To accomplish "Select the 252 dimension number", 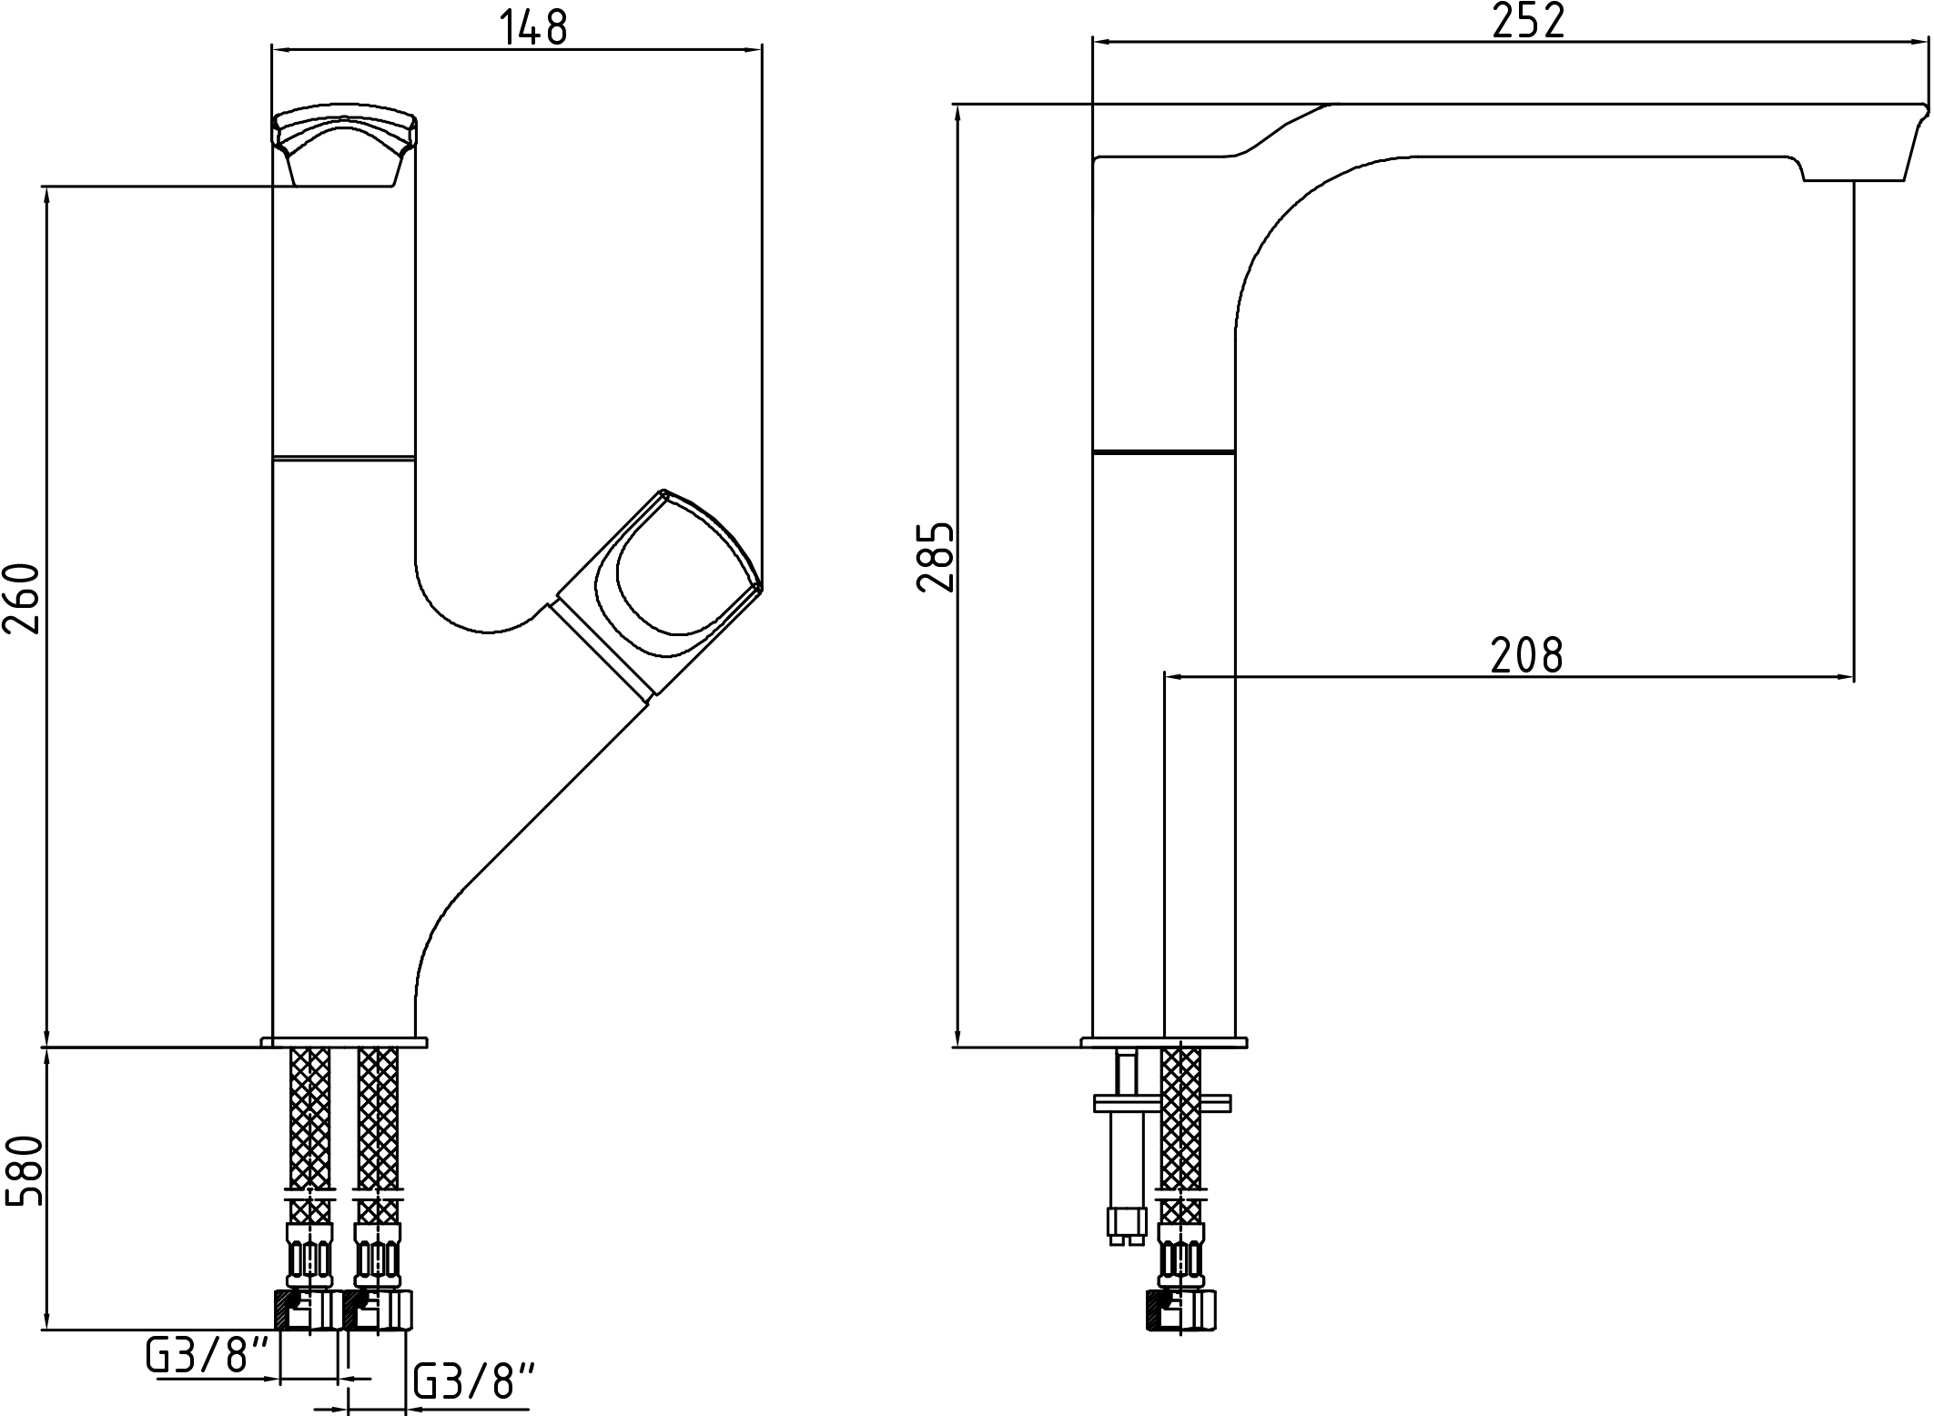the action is tap(1528, 21).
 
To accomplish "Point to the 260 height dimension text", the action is tap(22, 599).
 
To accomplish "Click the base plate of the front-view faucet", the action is tap(344, 1042).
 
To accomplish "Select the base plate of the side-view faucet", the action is tap(1164, 1042).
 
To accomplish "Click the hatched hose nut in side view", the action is tap(1181, 1311).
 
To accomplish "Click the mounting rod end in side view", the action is tap(1126, 1223).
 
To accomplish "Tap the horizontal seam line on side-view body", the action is tap(1164, 451).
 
